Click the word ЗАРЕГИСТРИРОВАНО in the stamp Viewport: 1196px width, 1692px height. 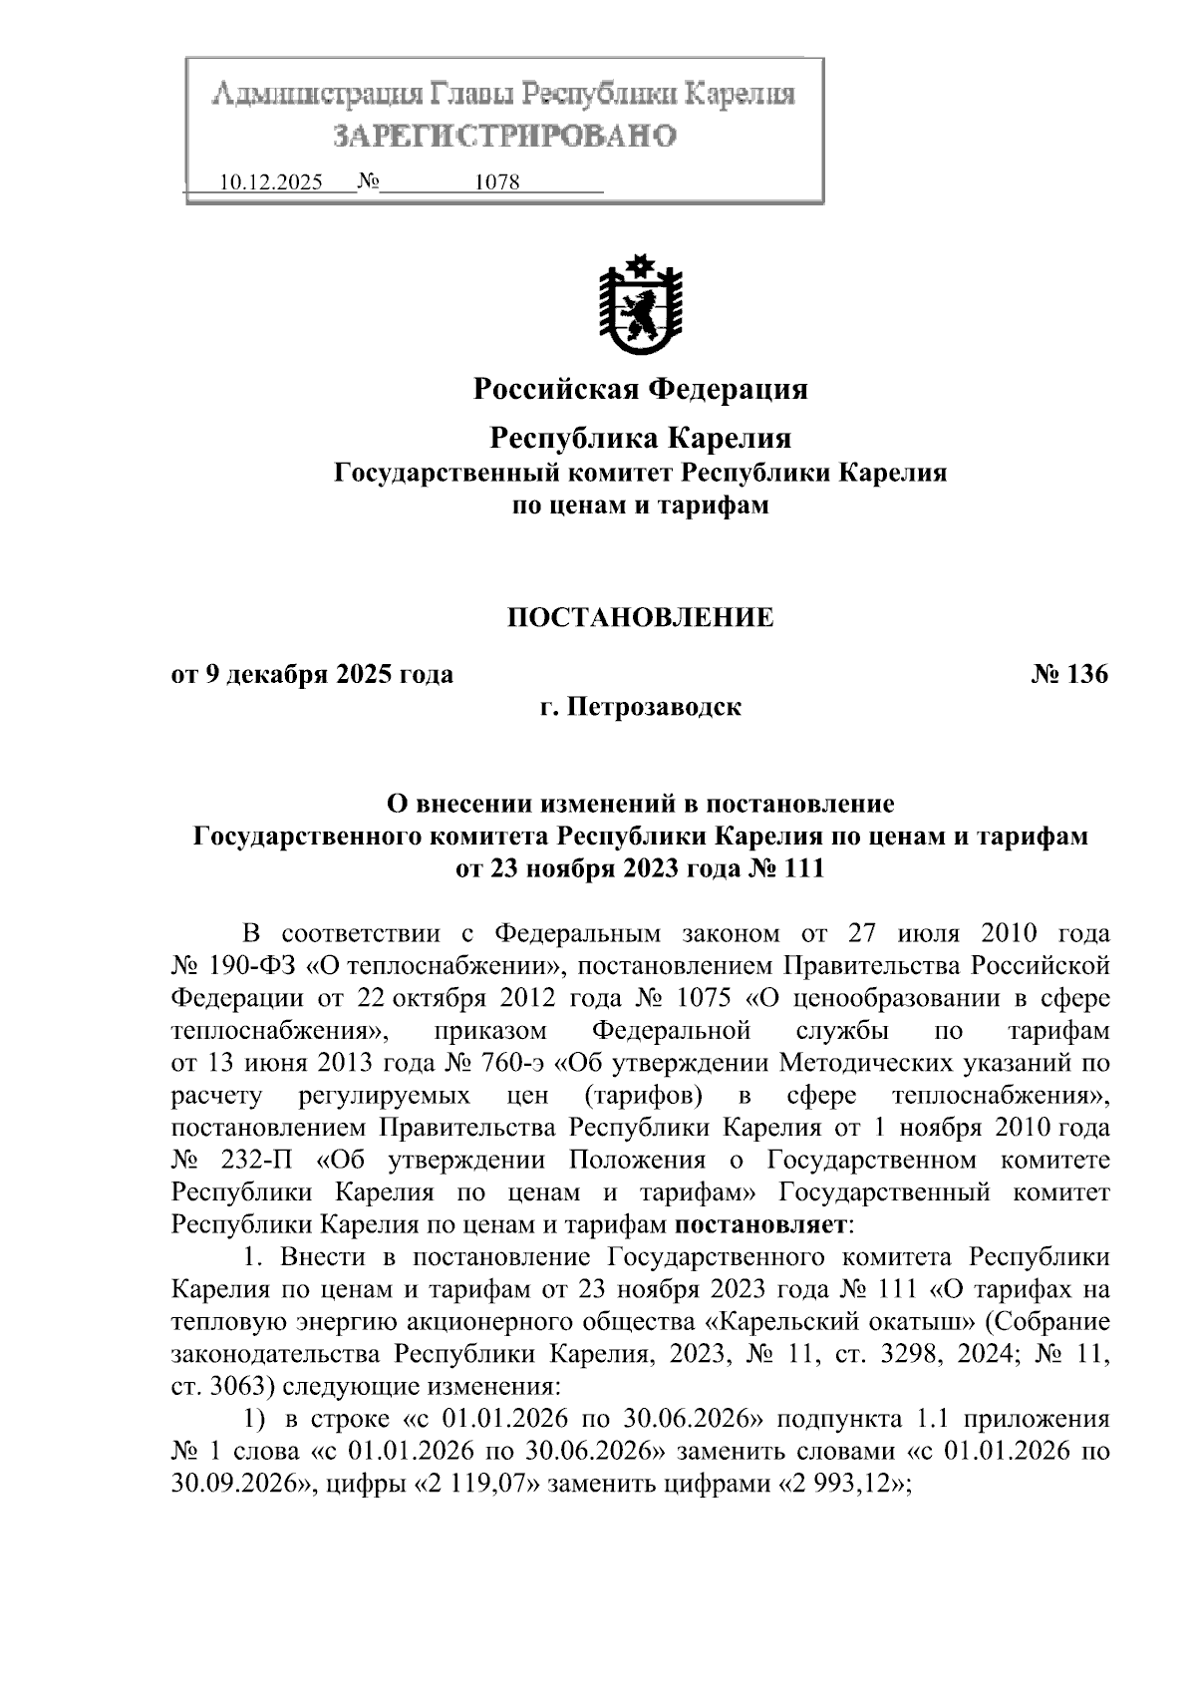coord(504,136)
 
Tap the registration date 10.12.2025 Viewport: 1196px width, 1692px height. coord(270,184)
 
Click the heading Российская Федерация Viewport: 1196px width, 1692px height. coord(640,389)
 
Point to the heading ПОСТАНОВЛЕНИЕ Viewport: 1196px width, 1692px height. coord(640,618)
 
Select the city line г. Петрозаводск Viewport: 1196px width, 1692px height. coord(640,708)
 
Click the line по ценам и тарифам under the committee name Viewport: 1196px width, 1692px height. coord(640,506)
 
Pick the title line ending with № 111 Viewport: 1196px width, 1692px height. coord(640,868)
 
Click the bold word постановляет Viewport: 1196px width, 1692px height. coord(762,1224)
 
